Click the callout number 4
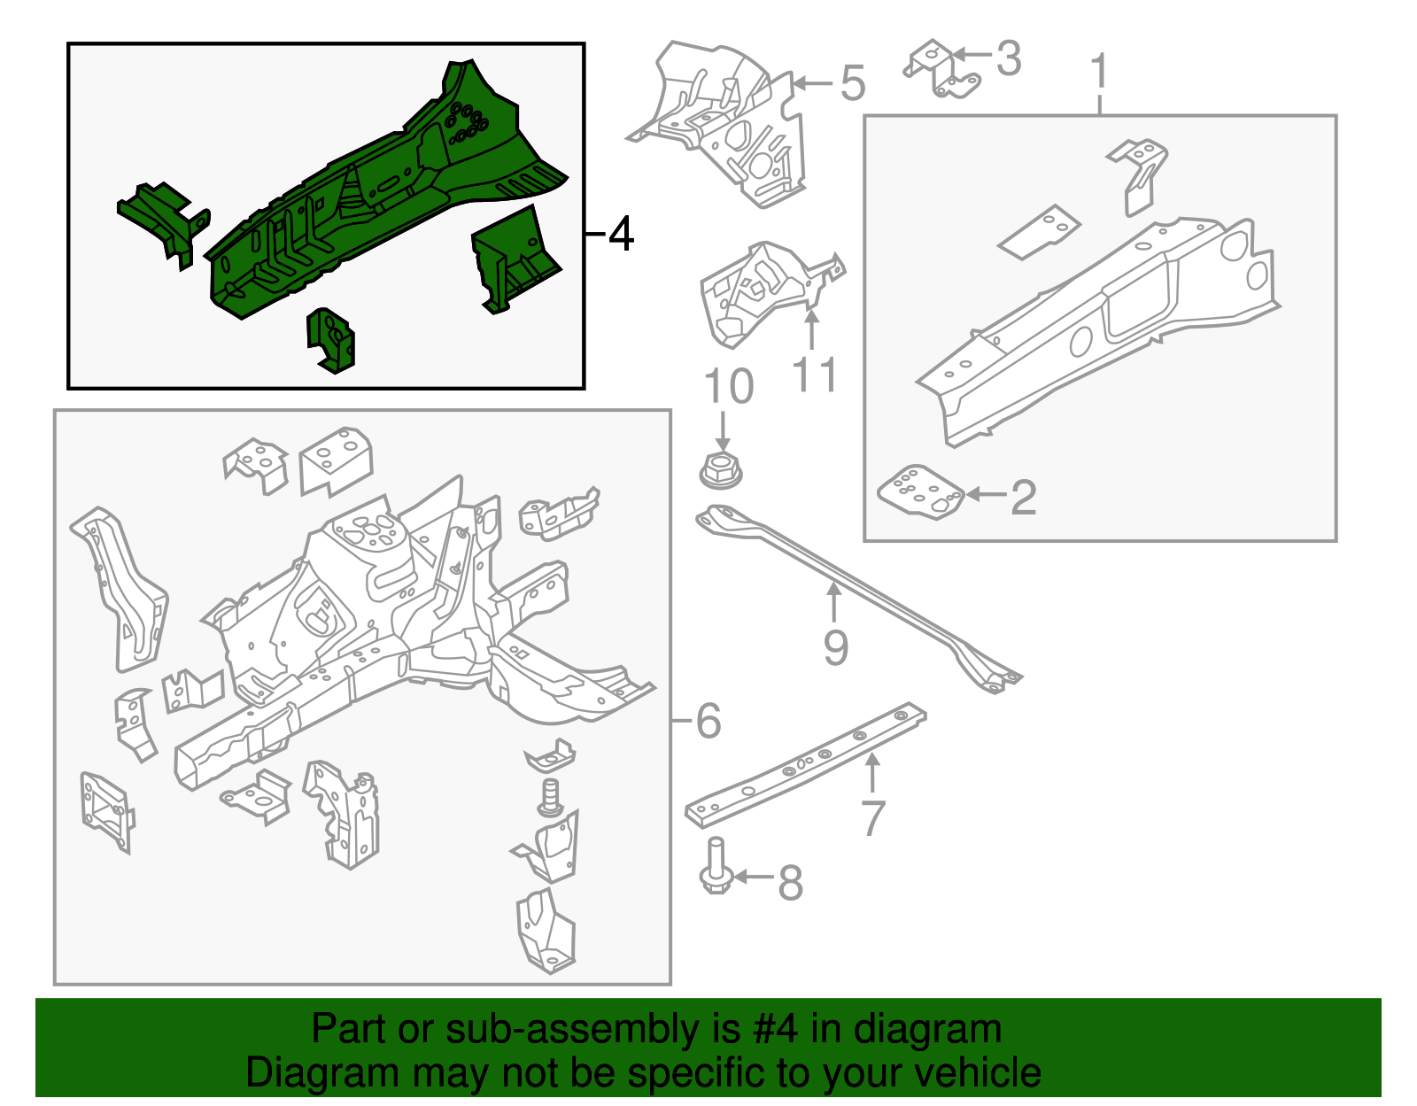(622, 234)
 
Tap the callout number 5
(852, 83)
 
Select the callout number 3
(1008, 58)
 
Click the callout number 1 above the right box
(1099, 71)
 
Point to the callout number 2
(1024, 497)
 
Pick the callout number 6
(708, 721)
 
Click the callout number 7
(873, 817)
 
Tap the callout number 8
(790, 882)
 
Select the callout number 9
(835, 647)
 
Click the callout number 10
(728, 387)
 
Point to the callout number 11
(814, 375)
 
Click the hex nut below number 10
(722, 470)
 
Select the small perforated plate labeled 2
(920, 491)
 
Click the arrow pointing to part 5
(811, 83)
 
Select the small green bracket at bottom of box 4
(330, 340)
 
